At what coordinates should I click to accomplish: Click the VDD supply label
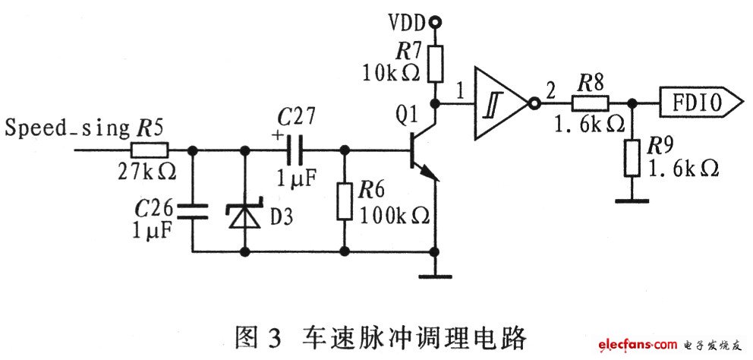[408, 22]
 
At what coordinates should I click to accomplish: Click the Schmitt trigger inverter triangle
[499, 103]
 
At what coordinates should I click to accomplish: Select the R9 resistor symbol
[631, 157]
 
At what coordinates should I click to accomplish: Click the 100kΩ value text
[395, 216]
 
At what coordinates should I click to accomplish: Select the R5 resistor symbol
[153, 150]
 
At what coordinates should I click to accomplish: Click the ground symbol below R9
[631, 202]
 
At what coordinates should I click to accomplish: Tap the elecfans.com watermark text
[634, 346]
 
